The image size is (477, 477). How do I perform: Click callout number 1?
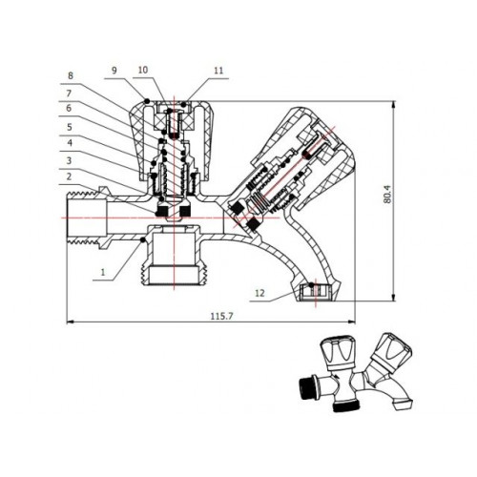[x=102, y=272]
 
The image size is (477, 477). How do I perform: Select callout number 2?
[x=69, y=176]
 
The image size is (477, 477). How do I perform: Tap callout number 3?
[x=69, y=160]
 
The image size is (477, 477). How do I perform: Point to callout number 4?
[x=70, y=143]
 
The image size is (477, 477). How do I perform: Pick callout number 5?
[x=70, y=127]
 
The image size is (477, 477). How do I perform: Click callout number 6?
[x=69, y=108]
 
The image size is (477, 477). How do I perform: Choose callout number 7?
[x=69, y=93]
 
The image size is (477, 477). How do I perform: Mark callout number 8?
[x=71, y=75]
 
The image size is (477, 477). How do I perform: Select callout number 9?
[x=114, y=70]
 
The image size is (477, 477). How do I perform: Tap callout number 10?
[x=143, y=70]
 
